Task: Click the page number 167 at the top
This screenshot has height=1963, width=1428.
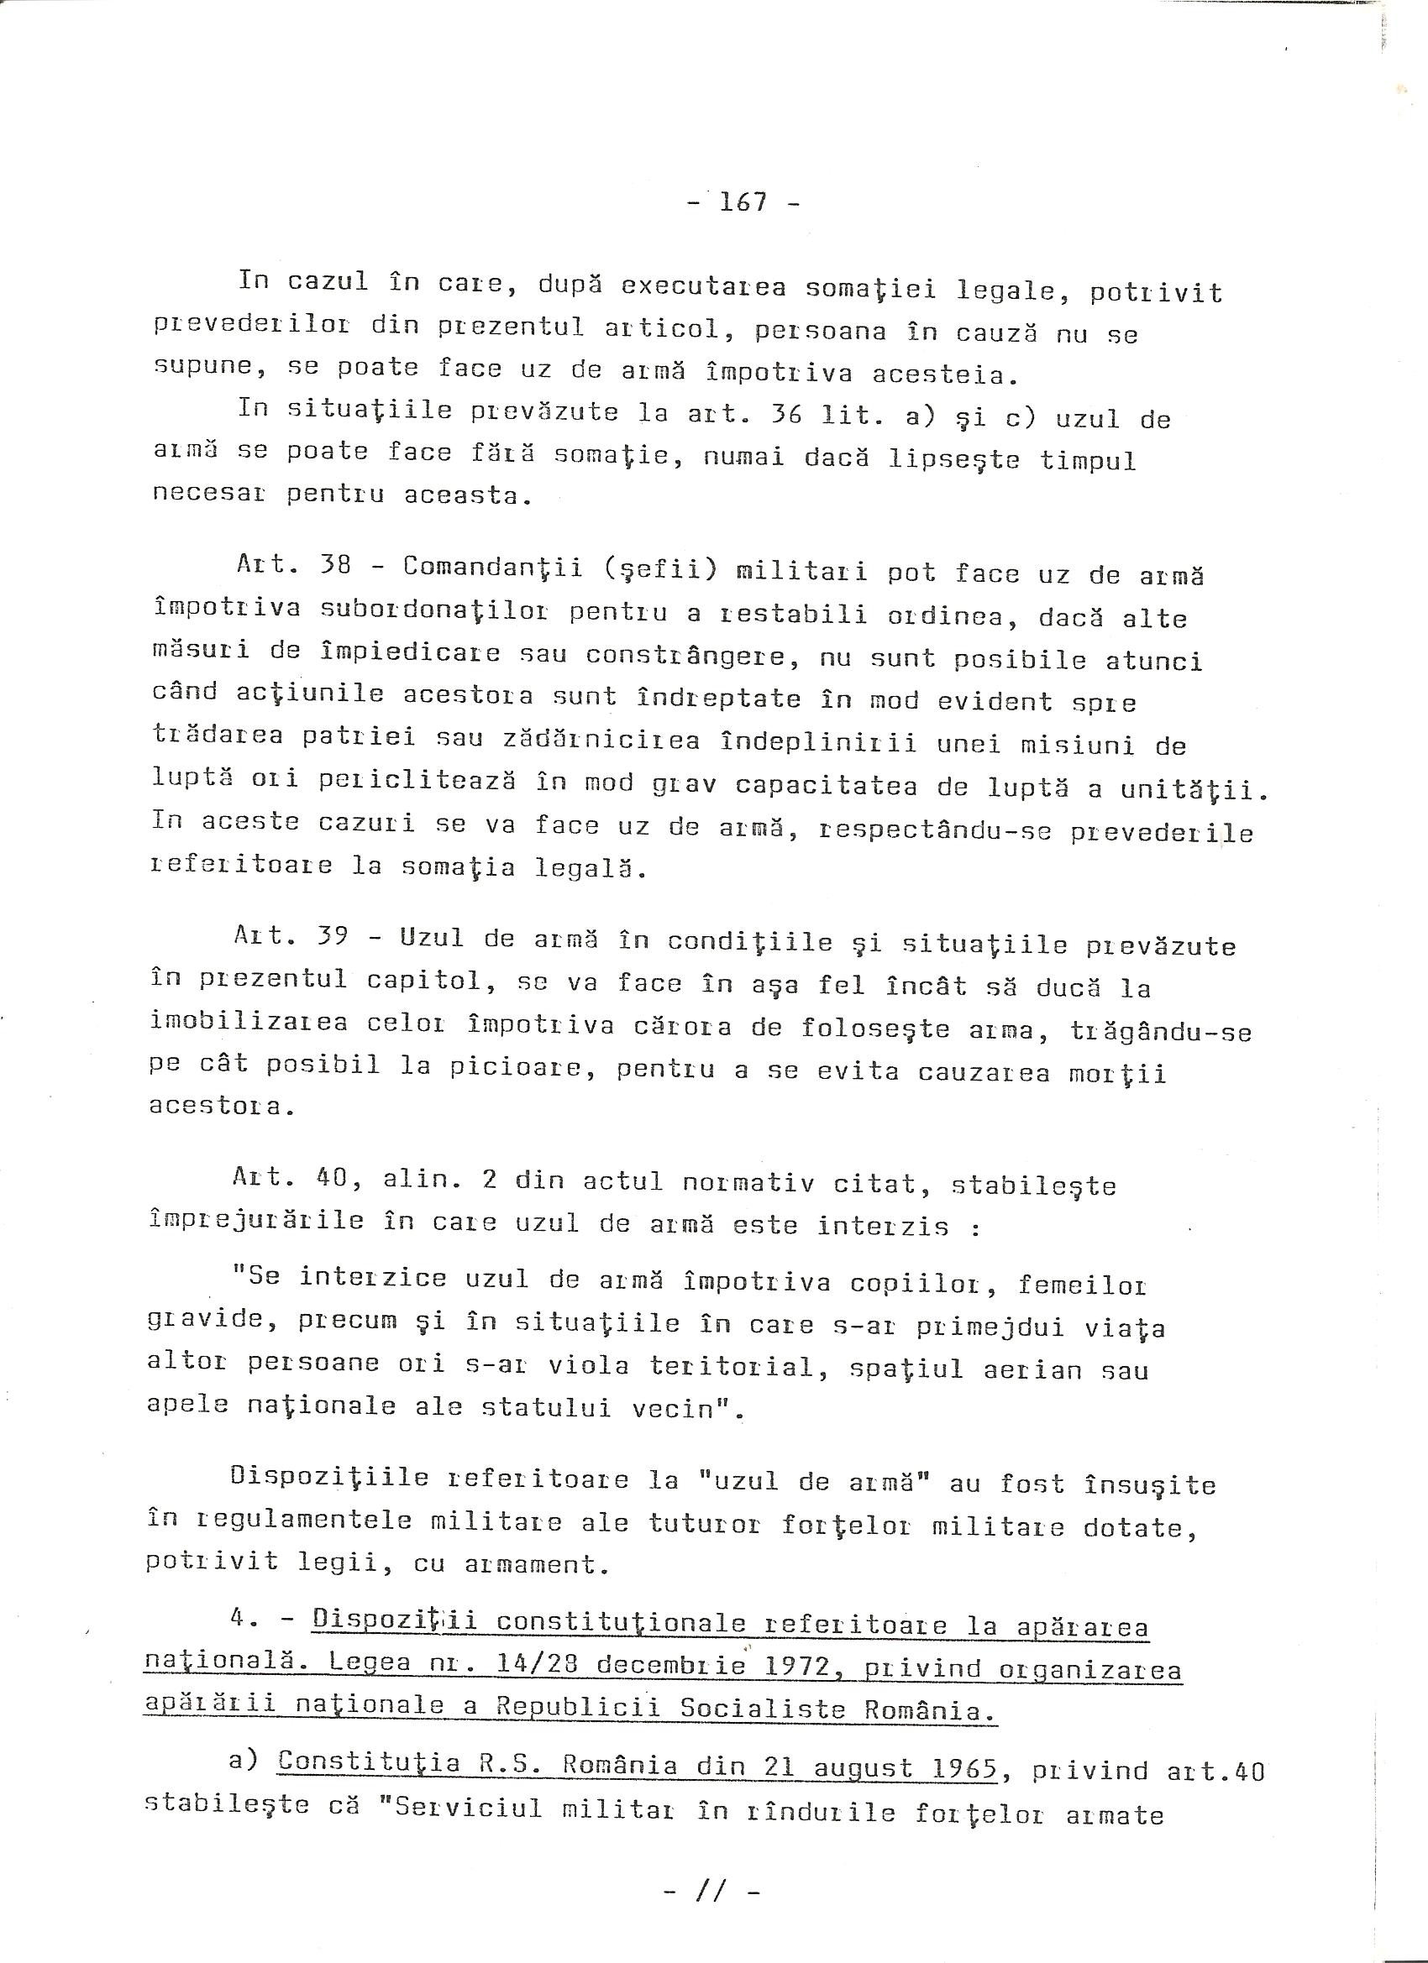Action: pyautogui.click(x=743, y=202)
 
